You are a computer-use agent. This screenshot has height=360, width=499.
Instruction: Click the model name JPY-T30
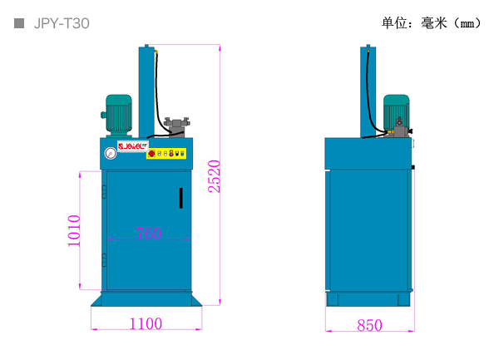pos(61,24)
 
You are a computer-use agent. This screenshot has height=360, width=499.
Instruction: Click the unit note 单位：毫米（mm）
pos(431,23)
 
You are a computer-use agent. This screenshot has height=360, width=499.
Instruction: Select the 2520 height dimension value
pos(215,176)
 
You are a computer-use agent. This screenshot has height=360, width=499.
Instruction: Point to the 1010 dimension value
pos(74,230)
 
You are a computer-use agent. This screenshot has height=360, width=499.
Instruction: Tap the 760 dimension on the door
pos(147,234)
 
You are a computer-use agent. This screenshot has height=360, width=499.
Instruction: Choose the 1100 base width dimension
pos(146,324)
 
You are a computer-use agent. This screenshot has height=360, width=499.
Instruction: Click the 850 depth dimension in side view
pos(369,325)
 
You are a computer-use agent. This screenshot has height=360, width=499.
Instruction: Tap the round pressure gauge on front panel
pos(110,153)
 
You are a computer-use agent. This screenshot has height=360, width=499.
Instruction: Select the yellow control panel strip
pos(166,153)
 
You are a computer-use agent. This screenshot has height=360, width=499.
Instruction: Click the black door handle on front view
pos(180,198)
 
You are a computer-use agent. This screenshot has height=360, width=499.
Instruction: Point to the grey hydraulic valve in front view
pos(177,126)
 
